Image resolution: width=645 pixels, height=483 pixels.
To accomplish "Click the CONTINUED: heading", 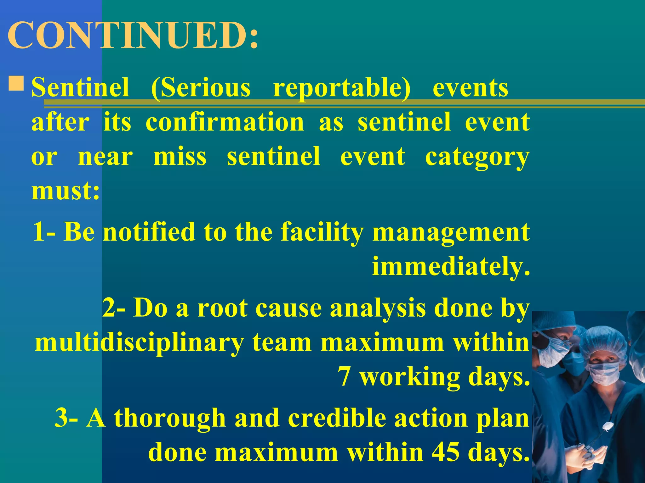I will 132,35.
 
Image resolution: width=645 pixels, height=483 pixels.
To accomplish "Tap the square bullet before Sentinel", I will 16,84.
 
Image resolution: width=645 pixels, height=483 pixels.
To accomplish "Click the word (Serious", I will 201,88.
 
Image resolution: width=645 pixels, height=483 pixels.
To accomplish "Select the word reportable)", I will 342,88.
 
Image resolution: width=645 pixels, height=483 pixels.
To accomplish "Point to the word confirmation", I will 225,122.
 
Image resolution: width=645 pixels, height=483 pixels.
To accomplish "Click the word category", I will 477,157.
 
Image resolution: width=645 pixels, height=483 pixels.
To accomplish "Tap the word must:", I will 66,191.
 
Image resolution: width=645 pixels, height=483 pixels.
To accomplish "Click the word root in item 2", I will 222,308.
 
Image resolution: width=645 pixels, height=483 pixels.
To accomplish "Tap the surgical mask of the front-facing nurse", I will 604,374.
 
